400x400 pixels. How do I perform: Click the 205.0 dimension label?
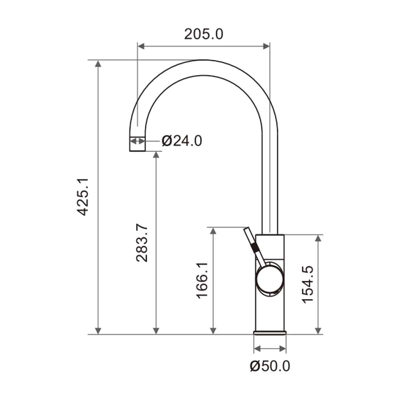coord(203,34)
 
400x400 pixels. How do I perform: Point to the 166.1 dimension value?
coord(202,281)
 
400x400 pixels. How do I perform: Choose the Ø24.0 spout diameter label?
coord(182,141)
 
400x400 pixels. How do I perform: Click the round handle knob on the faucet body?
coord(270,279)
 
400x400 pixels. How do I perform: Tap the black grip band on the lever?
coord(254,248)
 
